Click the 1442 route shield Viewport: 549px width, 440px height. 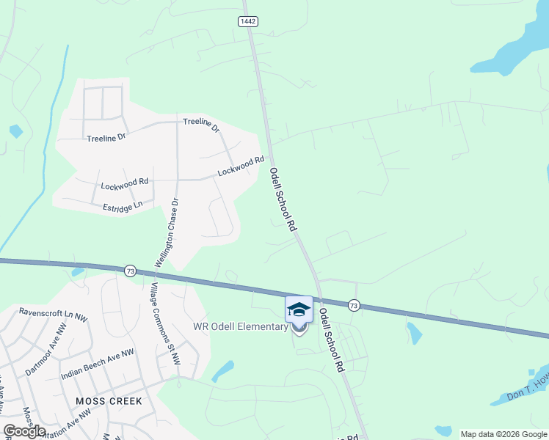tap(248, 22)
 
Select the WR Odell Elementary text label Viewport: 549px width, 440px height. tap(240, 327)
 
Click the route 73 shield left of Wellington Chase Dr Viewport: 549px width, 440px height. tap(130, 271)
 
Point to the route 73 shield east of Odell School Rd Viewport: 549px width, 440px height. tap(354, 305)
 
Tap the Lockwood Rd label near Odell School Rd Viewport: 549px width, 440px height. tap(240, 166)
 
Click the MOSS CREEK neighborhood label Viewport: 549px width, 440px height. tap(109, 401)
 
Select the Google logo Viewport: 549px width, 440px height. tap(24, 431)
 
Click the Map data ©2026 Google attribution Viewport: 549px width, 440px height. tap(503, 434)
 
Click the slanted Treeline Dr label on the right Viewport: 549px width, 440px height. tap(202, 125)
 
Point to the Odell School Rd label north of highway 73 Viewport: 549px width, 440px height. tap(283, 199)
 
